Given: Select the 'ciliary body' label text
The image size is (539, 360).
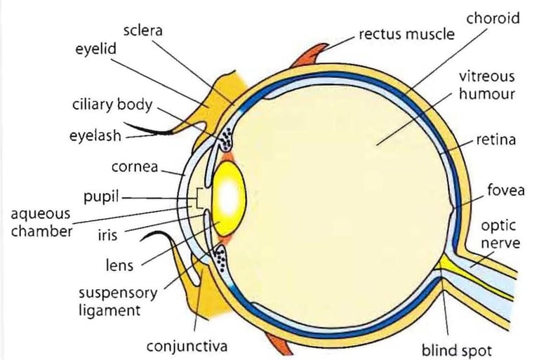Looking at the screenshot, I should [x=112, y=105].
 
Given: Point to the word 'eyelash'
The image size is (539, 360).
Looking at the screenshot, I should [x=95, y=136].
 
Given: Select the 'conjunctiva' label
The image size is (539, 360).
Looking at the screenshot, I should [x=187, y=347].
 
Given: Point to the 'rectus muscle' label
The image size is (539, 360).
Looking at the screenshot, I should [x=406, y=33].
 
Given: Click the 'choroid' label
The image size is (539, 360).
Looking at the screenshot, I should [x=493, y=18].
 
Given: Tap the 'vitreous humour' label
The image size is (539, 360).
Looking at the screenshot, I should [x=486, y=84].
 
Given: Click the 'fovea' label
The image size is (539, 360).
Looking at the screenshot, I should [x=505, y=189].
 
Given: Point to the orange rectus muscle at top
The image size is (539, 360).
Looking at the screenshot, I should [x=308, y=54].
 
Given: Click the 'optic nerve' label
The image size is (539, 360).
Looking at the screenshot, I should [x=500, y=234].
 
